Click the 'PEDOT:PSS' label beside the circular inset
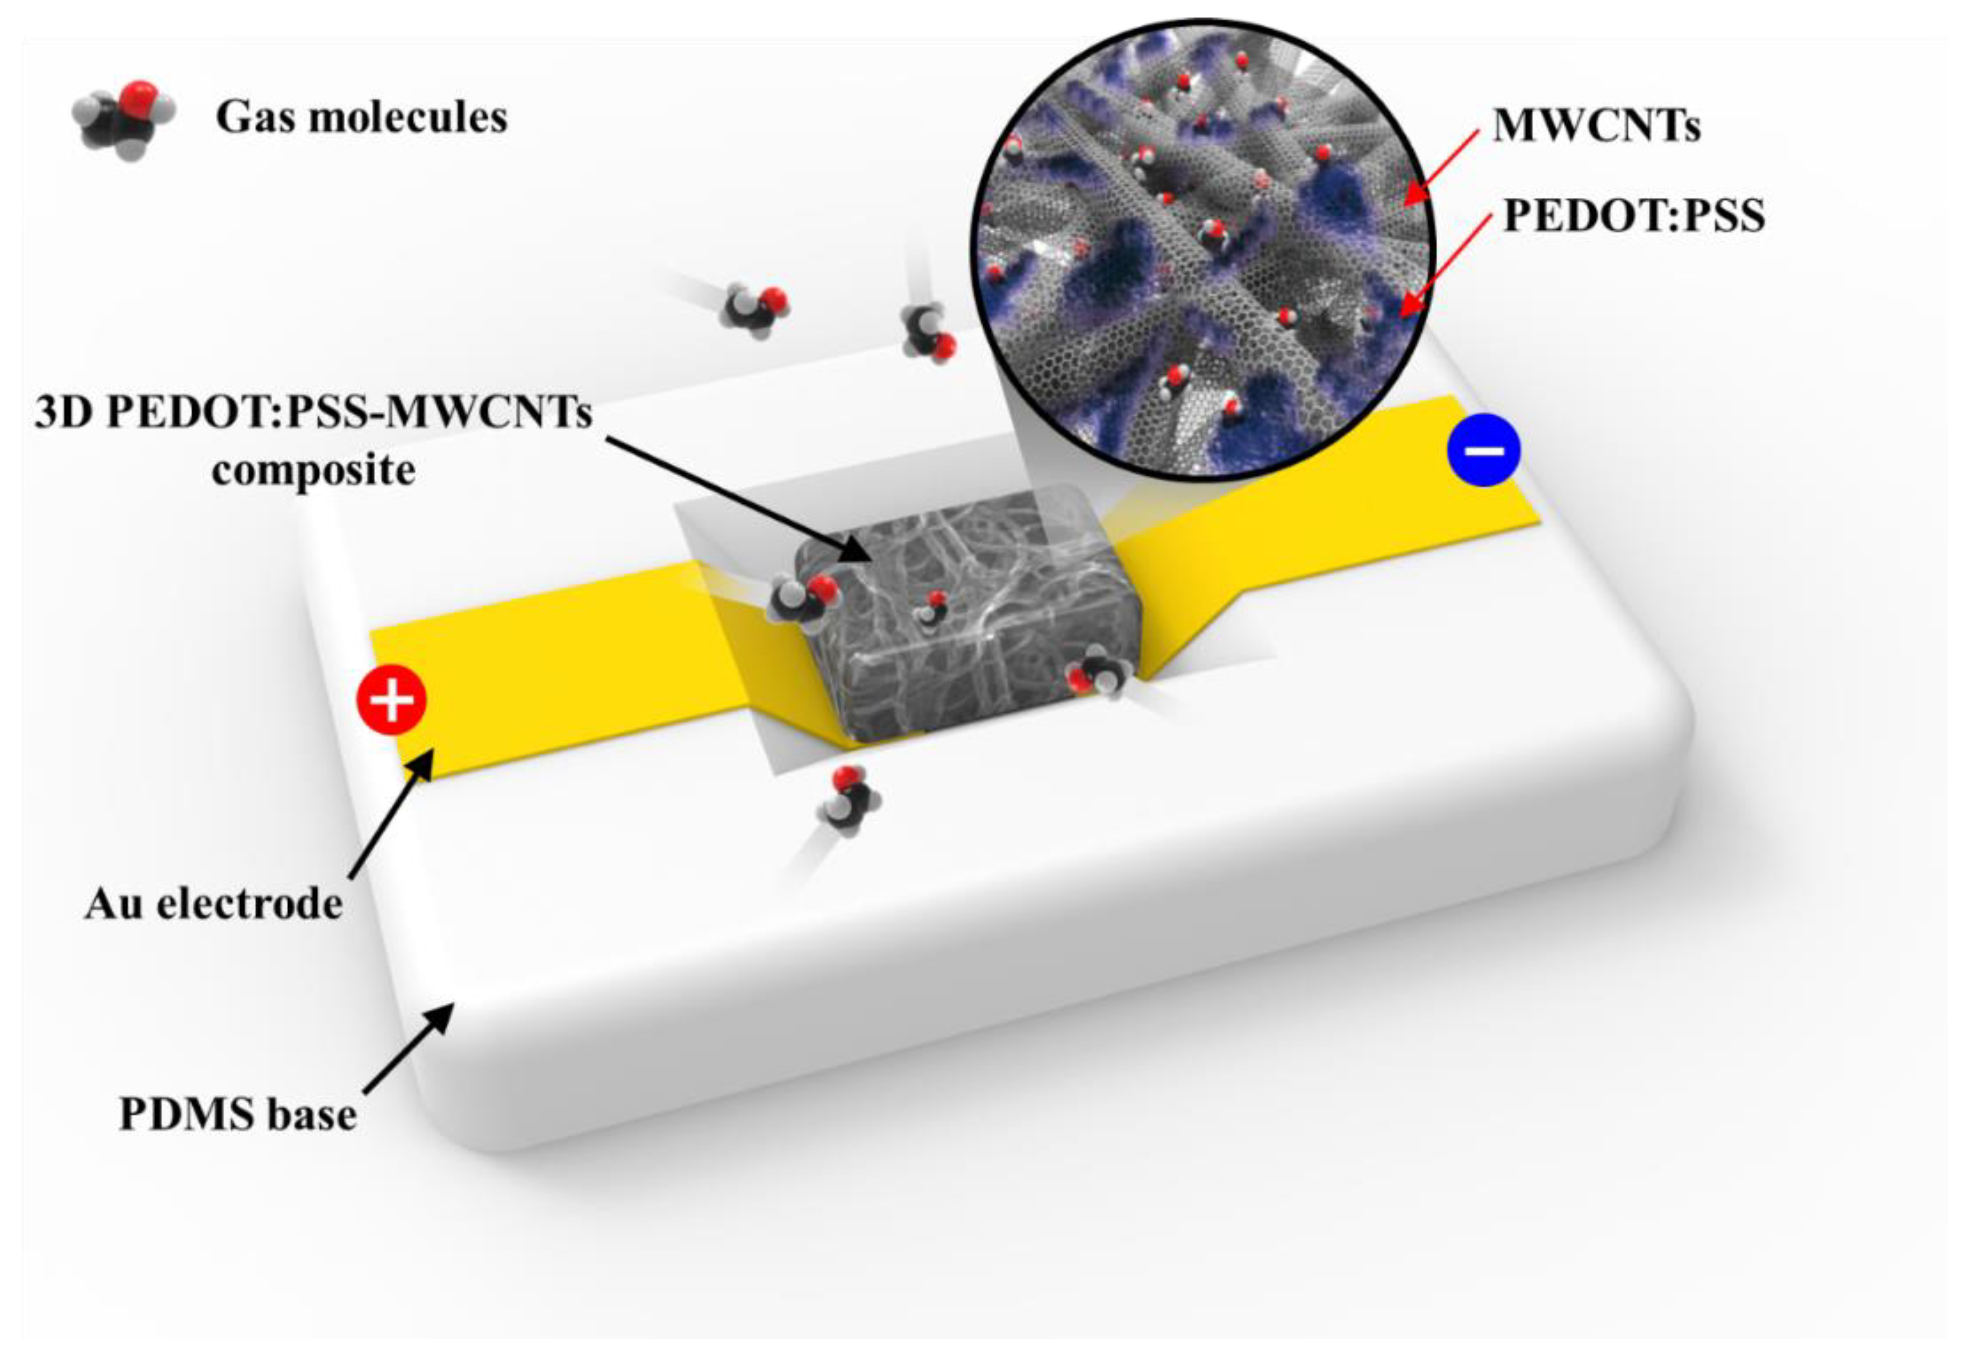tap(1633, 215)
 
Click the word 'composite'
tap(314, 469)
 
